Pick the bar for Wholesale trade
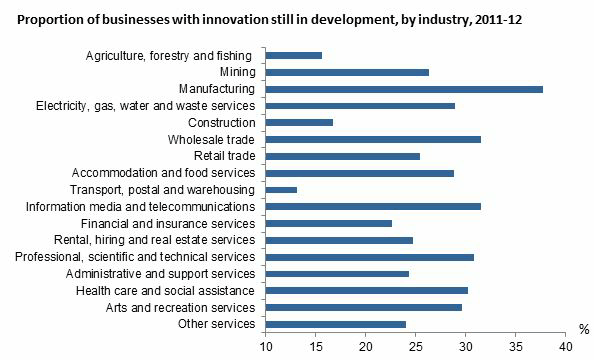click(x=373, y=139)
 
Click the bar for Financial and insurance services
click(x=329, y=223)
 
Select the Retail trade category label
click(x=225, y=156)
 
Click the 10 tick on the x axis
click(x=266, y=346)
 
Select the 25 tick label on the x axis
click(x=416, y=346)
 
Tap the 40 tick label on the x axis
click(x=566, y=346)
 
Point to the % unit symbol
click(x=584, y=329)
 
